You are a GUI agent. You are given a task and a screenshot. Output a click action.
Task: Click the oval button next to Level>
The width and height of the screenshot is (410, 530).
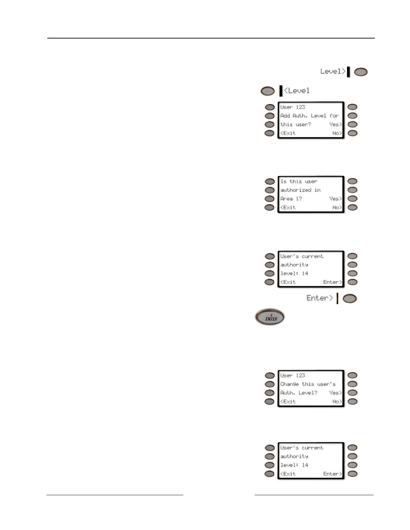pos(361,72)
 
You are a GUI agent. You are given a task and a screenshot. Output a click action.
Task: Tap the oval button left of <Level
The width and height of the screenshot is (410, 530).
pos(267,91)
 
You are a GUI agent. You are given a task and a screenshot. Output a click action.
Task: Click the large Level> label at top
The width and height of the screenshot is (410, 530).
pos(333,71)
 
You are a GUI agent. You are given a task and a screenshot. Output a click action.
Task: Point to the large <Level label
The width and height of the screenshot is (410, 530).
pos(297,91)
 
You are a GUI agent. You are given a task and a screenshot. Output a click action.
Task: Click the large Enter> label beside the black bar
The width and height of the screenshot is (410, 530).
pos(320,298)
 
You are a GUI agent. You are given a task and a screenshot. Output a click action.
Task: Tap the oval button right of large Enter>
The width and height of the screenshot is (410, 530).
pos(350,298)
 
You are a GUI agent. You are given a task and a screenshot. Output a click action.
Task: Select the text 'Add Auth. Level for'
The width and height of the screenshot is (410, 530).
pos(310,116)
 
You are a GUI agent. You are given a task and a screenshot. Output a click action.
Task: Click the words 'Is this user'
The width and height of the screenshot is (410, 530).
pos(299,181)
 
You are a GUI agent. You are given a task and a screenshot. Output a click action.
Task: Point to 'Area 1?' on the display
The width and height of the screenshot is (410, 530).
pos(291,199)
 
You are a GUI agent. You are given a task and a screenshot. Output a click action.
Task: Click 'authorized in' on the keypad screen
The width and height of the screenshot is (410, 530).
pos(300,190)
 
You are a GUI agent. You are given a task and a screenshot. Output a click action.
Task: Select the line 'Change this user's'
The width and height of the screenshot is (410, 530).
pos(308,384)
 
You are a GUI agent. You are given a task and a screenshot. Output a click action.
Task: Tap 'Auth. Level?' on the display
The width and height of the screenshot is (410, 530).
pos(299,393)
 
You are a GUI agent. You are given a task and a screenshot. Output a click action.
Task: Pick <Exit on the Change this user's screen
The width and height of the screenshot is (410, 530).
pos(288,402)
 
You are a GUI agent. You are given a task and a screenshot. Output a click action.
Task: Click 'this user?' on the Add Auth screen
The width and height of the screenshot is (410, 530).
pos(296,124)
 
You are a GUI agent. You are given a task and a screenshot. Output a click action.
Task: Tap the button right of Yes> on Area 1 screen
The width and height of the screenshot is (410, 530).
pos(352,199)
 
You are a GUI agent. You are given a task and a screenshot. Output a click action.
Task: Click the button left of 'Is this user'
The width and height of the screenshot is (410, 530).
pos(270,181)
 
